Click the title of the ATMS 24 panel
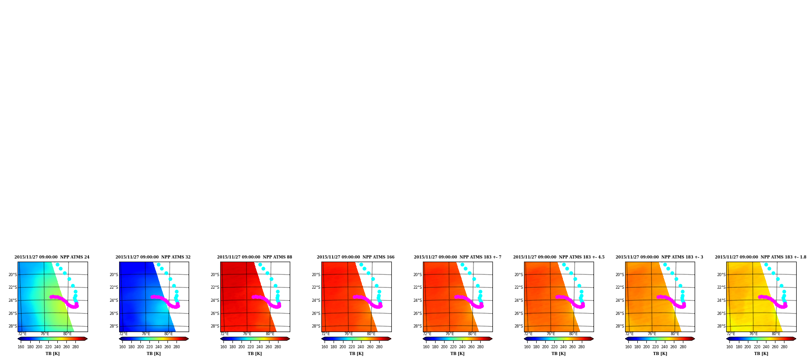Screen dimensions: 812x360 tap(52, 257)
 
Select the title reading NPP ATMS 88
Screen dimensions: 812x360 tap(255, 257)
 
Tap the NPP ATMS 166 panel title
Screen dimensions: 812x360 tap(356, 257)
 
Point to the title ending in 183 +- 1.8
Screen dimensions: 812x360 tap(761, 257)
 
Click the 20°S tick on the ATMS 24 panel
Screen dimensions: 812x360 tap(13, 274)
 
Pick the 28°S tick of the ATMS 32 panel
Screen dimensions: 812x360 tap(114, 326)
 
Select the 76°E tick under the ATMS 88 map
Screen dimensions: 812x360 tap(247, 334)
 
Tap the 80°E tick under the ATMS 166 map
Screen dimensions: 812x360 tap(371, 334)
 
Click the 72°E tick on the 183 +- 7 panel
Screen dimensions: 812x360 tap(427, 334)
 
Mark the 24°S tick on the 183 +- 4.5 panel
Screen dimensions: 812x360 tap(519, 300)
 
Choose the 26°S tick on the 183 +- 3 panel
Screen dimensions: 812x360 tap(620, 314)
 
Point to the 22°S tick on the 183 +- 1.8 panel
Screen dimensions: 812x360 tap(721, 287)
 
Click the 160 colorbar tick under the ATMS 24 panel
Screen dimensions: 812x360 tap(21, 347)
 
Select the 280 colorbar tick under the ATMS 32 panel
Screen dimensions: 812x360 tap(176, 347)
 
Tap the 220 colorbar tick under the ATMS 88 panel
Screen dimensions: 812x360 tap(251, 347)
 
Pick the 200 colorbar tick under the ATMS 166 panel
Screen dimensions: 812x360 tap(343, 347)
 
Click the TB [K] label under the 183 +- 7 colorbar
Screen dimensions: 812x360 tap(457, 354)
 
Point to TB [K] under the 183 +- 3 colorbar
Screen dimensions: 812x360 tap(660, 354)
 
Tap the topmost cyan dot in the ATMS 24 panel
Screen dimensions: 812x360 tap(57, 265)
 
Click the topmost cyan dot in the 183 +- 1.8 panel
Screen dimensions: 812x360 tap(766, 265)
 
